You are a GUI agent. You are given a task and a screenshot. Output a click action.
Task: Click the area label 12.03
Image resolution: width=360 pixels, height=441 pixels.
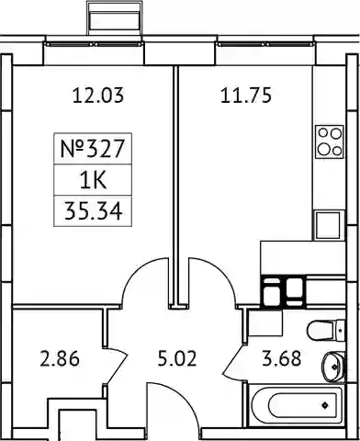coord(98,95)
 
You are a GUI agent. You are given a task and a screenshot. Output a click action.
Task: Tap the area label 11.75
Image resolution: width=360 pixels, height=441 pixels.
coord(246,95)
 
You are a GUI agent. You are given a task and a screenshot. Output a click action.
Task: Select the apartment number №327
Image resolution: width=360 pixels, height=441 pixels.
coord(93,149)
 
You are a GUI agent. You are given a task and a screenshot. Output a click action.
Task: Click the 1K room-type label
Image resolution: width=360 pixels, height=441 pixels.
coord(93,180)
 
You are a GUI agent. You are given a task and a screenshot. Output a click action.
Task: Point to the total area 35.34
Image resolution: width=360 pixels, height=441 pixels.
coord(93,211)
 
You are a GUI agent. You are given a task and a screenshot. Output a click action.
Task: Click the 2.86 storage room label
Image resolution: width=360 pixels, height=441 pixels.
coord(60,358)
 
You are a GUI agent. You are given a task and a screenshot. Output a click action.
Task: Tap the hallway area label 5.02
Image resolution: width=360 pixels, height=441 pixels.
coord(177,358)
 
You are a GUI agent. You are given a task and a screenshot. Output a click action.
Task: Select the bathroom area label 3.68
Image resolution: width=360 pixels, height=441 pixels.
coord(282,358)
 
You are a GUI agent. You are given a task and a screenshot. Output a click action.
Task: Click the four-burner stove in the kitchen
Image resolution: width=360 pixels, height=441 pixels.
coord(330,141)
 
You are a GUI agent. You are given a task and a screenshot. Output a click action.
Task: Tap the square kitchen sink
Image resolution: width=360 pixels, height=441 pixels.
coord(328,225)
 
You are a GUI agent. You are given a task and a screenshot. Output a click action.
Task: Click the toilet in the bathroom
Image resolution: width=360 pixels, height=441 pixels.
coord(326,330)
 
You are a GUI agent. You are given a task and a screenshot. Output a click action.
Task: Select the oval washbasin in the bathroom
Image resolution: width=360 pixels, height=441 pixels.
coord(333,367)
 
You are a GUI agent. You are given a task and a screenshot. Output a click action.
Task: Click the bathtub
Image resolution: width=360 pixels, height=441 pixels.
coord(297,405)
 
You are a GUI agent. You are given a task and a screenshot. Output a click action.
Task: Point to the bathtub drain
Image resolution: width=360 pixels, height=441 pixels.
coord(324,405)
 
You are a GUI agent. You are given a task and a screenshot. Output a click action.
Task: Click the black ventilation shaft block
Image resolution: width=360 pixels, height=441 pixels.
coord(283,292)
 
